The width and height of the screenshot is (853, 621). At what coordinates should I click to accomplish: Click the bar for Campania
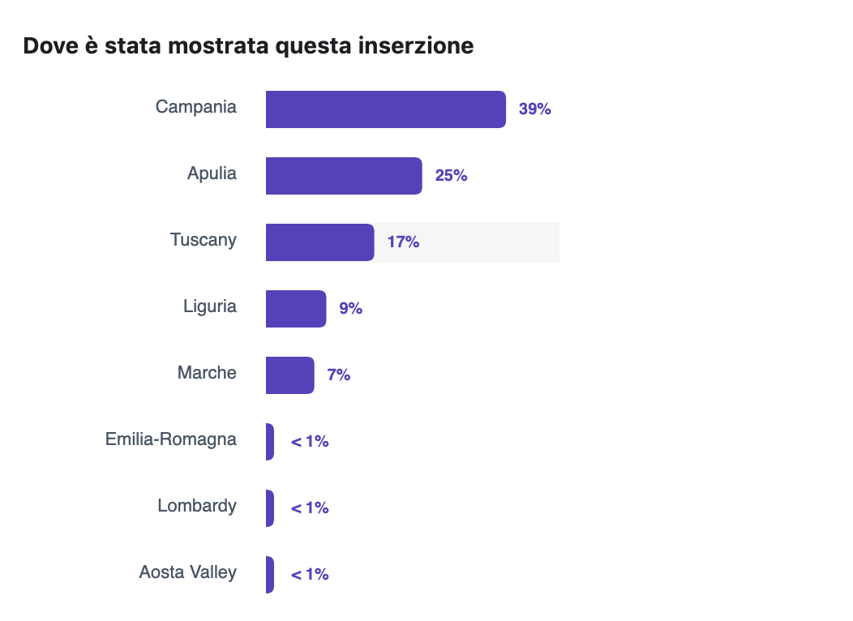[385, 109]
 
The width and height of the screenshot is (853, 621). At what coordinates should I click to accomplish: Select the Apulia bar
[344, 176]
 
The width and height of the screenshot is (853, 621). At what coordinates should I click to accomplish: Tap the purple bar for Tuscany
[319, 242]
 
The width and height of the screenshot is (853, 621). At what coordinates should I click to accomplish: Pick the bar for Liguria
[296, 309]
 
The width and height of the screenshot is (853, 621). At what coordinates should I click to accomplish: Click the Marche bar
[289, 375]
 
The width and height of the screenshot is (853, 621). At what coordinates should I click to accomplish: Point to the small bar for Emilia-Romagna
[270, 442]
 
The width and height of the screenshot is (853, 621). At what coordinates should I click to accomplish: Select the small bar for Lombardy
[270, 508]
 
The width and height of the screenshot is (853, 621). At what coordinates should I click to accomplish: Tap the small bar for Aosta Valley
[270, 575]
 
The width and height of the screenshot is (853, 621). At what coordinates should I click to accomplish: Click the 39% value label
[535, 109]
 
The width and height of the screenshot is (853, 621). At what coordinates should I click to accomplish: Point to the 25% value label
[451, 176]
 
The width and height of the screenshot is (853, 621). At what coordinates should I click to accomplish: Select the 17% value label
[403, 242]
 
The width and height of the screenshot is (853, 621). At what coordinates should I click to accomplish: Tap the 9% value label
[350, 309]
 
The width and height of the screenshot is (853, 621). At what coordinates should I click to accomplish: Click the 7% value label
[339, 375]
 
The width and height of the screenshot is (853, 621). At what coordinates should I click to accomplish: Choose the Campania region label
[196, 107]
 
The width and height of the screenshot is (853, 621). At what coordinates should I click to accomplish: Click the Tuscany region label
[204, 240]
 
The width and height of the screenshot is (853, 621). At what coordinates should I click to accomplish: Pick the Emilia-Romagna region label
[171, 439]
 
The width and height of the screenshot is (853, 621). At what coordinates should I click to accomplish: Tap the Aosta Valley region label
[188, 572]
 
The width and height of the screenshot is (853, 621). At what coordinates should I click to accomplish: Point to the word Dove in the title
[52, 46]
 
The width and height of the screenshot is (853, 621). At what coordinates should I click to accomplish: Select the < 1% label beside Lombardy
[310, 508]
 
